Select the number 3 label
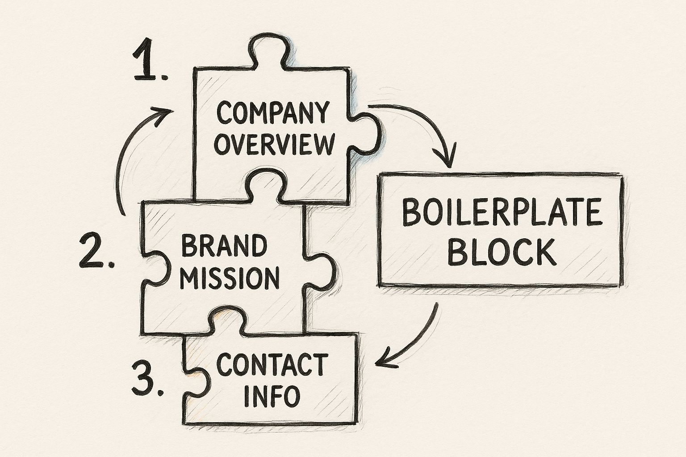tap(146, 379)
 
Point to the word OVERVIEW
tap(274, 144)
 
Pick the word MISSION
tap(231, 278)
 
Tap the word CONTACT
tap(271, 365)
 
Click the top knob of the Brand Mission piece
tap(265, 184)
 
